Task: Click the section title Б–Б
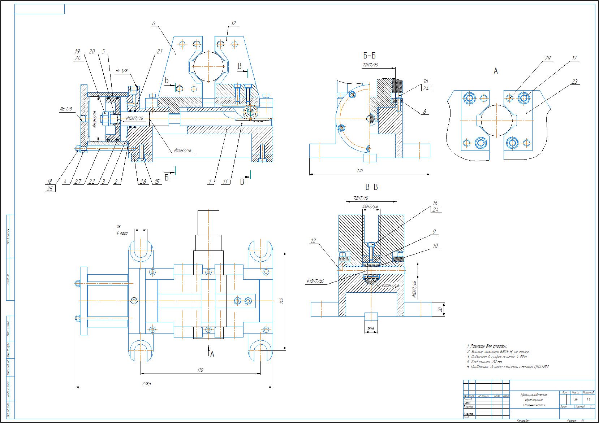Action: tap(369, 56)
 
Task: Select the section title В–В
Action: tap(371, 187)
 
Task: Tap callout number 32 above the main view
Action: tap(233, 23)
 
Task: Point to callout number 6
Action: tap(153, 23)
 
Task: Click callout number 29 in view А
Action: tap(547, 58)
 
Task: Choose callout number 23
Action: tap(574, 81)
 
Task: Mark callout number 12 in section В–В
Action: tap(313, 241)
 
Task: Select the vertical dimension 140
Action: tap(281, 300)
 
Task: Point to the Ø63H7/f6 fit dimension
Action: tap(93, 119)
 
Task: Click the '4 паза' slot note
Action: tap(122, 233)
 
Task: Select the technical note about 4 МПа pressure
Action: tap(497, 357)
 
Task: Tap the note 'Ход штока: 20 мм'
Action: tap(484, 362)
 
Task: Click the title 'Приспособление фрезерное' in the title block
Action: tap(534, 397)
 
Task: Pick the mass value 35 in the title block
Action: tap(576, 400)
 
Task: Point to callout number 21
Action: tap(159, 52)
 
